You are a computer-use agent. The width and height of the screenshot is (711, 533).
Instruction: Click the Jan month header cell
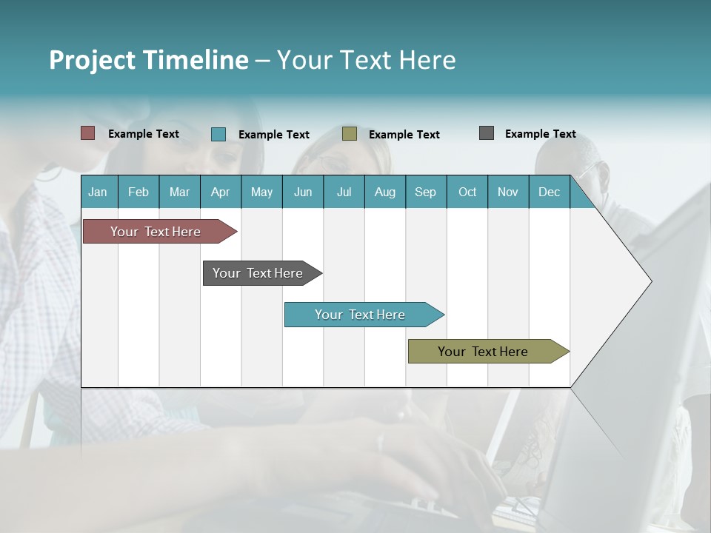coord(98,192)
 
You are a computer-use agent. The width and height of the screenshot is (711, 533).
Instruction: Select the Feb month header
coord(138,192)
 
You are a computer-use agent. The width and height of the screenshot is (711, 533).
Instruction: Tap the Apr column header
coord(220,192)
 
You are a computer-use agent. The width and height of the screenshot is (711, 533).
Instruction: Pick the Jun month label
coord(303,192)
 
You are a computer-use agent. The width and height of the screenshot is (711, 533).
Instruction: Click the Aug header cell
coord(384,192)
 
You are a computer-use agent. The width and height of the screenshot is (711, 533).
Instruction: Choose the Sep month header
coord(425,192)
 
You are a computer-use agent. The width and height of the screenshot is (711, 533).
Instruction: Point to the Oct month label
coord(467,192)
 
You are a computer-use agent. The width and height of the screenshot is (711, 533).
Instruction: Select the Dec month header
coord(549,192)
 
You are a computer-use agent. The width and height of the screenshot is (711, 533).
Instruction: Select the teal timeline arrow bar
coord(361,315)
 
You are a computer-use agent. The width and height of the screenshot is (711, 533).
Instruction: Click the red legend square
coord(88,133)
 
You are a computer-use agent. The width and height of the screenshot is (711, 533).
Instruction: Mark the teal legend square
coord(218,134)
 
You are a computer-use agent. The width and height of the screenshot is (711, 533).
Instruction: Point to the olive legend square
coord(350,134)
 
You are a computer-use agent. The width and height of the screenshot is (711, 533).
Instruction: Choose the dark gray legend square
coord(487,133)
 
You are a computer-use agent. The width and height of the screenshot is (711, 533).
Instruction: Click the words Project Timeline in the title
coord(148,60)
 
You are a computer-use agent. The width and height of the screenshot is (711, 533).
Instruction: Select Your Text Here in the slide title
coord(366,60)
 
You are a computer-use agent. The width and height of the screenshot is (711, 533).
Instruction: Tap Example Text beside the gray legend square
coord(540,134)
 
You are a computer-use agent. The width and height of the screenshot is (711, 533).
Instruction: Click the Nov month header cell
coord(508,192)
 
